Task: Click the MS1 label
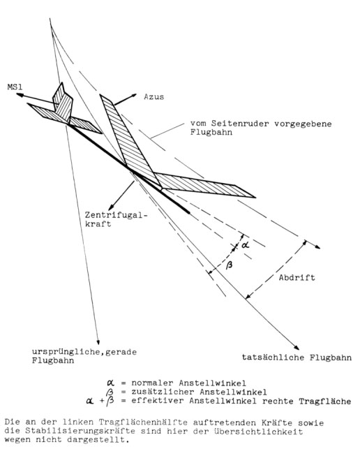pyautogui.click(x=15, y=87)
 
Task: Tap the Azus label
pyautogui.click(x=154, y=97)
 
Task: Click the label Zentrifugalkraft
pyautogui.click(x=117, y=219)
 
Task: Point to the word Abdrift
pyautogui.click(x=297, y=277)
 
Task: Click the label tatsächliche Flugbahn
pyautogui.click(x=297, y=358)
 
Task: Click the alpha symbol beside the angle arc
pyautogui.click(x=246, y=245)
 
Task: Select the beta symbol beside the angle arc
pyautogui.click(x=230, y=265)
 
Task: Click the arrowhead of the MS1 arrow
pyautogui.click(x=20, y=95)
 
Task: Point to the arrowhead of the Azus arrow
pyautogui.click(x=133, y=96)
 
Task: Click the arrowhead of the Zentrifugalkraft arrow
pyautogui.click(x=110, y=207)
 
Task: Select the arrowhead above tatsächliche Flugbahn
pyautogui.click(x=297, y=347)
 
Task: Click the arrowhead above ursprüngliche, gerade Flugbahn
pyautogui.click(x=98, y=341)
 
